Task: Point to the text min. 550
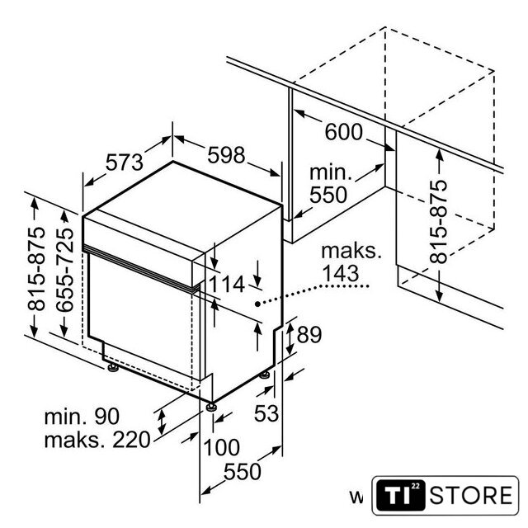click(x=331, y=185)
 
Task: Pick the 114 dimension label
click(x=227, y=285)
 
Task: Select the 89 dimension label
click(x=309, y=335)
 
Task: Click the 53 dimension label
click(x=266, y=413)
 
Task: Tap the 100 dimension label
click(x=223, y=448)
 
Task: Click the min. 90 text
click(x=82, y=417)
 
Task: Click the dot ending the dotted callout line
click(x=257, y=304)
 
